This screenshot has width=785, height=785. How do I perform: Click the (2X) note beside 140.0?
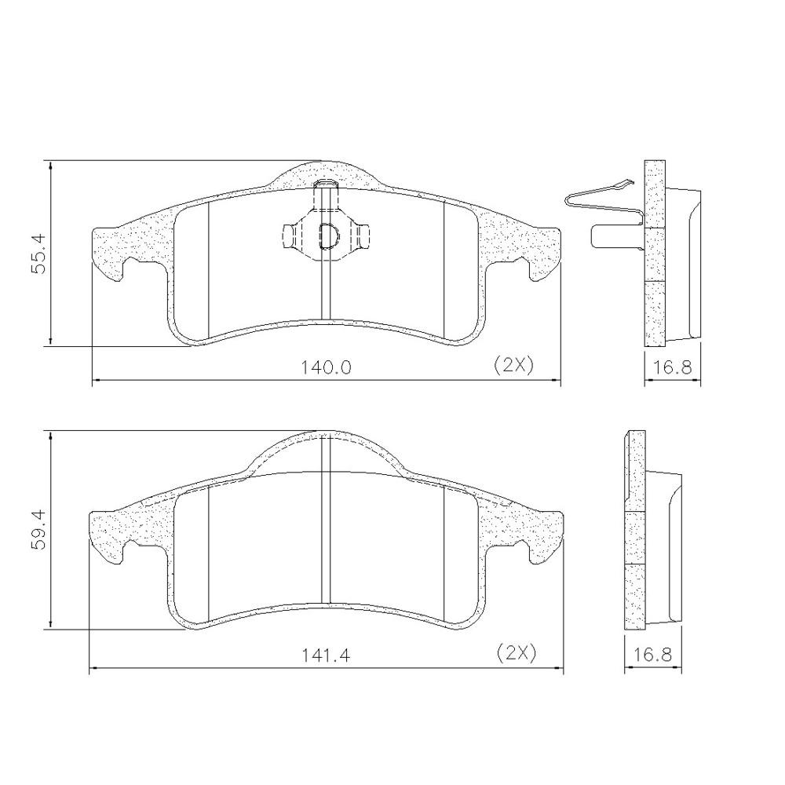coord(513,365)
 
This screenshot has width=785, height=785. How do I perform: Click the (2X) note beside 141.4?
coord(516,652)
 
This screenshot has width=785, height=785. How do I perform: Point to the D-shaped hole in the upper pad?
coord(327,234)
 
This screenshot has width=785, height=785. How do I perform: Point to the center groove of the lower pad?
coord(327,534)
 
